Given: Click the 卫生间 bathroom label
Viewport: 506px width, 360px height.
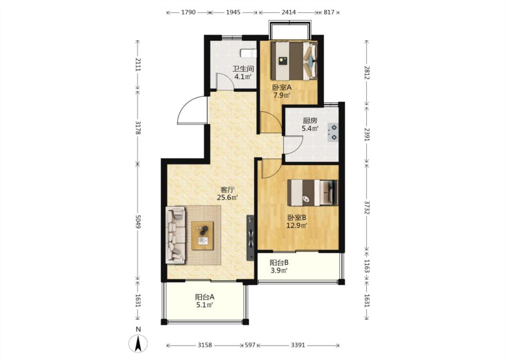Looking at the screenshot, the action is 243,69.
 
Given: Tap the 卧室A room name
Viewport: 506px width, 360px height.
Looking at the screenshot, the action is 282,87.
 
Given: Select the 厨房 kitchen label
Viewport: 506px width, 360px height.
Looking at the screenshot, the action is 310,121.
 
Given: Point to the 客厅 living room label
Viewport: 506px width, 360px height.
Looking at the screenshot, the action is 227,189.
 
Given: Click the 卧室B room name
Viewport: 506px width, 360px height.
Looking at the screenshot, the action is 296,218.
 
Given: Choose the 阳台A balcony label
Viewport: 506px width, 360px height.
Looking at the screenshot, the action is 205,297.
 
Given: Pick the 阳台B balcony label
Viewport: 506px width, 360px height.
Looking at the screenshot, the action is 279,262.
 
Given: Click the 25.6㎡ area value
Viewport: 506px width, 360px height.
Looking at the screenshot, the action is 227,198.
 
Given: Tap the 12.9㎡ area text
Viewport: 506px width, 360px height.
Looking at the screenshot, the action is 296,225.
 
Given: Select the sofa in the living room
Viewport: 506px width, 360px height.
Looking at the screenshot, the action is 176,235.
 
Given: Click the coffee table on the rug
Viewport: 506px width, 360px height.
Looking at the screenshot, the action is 202,235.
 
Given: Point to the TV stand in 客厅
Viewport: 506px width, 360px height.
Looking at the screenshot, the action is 251,238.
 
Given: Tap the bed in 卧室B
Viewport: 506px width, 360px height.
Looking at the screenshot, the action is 313,193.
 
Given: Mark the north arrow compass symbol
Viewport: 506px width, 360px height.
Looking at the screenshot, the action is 138,343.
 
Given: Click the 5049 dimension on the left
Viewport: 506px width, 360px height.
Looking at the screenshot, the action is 138,222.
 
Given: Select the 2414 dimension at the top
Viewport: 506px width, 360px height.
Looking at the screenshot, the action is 289,12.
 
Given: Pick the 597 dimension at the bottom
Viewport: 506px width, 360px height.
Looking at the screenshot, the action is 250,345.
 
